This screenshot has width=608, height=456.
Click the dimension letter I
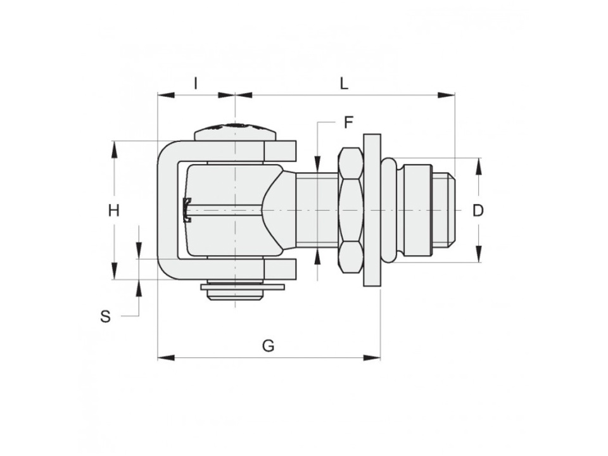[x=196, y=83]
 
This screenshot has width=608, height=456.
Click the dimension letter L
[x=344, y=83]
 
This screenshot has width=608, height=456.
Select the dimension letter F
[x=348, y=122]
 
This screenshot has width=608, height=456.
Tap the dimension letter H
[x=113, y=211]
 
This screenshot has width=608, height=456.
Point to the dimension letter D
[x=478, y=210]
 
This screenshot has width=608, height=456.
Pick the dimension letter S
[x=106, y=317]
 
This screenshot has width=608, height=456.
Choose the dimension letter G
[x=269, y=345]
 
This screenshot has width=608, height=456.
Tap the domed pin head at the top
[x=236, y=132]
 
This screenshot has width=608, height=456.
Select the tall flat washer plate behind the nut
[x=372, y=210]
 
